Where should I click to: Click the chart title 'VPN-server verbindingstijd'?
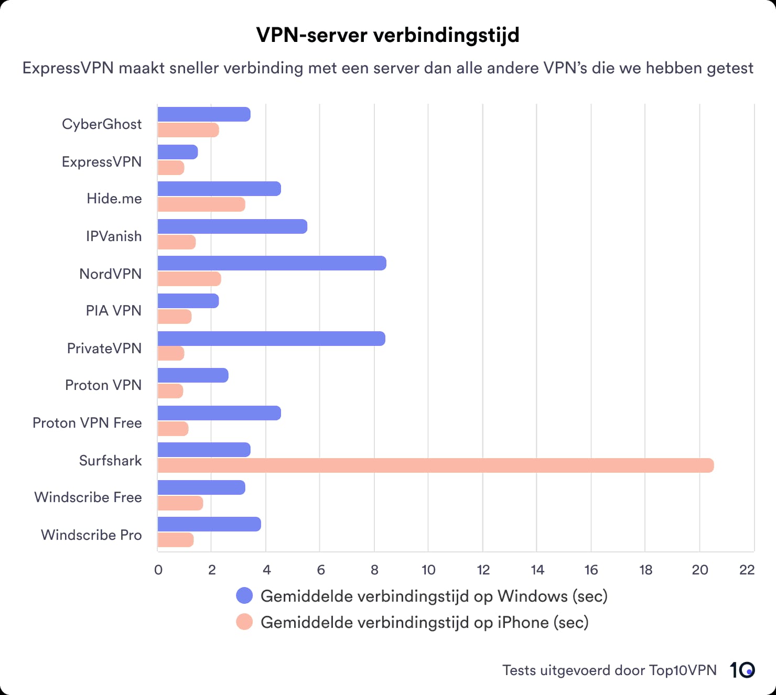pos(387,35)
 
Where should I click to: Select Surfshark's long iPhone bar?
pos(435,465)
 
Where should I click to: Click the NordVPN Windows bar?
pos(272,263)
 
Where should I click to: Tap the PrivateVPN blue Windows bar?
pos(271,339)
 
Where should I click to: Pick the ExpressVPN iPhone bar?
pos(171,168)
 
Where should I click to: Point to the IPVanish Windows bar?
pos(232,226)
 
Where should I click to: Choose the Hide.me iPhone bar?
pos(201,204)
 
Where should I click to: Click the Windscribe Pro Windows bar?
pos(209,524)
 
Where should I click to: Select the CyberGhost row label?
pos(102,124)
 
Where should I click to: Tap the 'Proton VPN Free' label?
pos(87,423)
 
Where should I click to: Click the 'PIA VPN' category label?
pos(114,311)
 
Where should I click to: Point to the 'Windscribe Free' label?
pos(88,497)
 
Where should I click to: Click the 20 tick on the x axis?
pos(700,570)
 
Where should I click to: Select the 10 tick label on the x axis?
pos(428,570)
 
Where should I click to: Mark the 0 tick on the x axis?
pos(158,570)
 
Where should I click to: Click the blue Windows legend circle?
pos(244,595)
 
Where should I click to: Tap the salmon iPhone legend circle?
pos(244,622)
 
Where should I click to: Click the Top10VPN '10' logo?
pos(742,670)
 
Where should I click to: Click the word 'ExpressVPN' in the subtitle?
pos(68,68)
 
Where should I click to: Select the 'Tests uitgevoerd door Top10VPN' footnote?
pos(609,670)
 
